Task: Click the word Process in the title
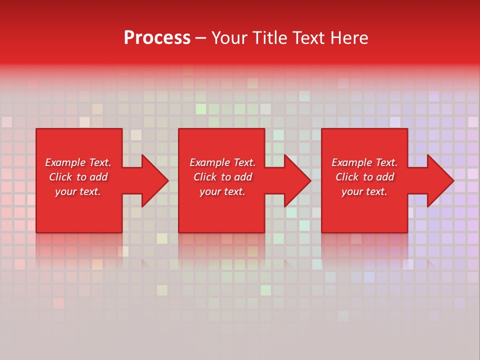[x=157, y=38]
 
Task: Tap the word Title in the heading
[x=270, y=38]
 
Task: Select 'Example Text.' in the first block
[x=78, y=162]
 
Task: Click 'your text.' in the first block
[x=78, y=191]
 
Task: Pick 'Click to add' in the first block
[x=78, y=177]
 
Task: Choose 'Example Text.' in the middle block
[x=222, y=162]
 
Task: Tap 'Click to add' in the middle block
[x=222, y=177]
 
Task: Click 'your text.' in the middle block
[x=222, y=191]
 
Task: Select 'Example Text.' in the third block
[x=364, y=162]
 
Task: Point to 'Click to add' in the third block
[x=364, y=177]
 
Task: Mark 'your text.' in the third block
[x=364, y=191]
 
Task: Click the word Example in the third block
[x=352, y=162]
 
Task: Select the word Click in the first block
[x=60, y=177]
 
